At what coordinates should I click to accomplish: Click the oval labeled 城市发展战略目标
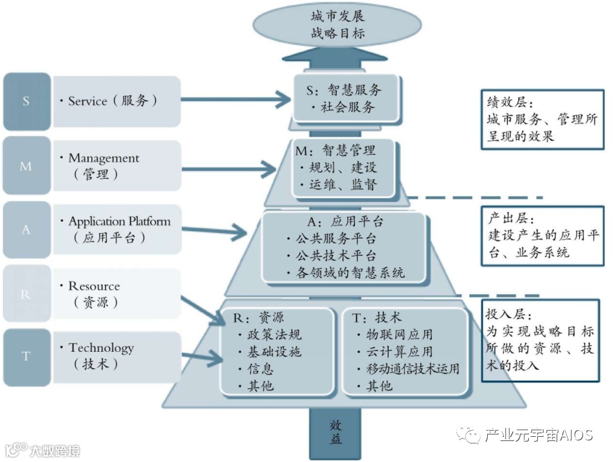[x=338, y=25]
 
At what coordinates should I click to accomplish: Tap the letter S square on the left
[x=26, y=101]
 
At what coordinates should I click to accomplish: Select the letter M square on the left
[x=26, y=165]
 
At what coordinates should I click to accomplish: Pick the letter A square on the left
[x=26, y=229]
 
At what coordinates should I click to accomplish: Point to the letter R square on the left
[x=26, y=294]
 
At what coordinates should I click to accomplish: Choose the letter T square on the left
[x=26, y=356]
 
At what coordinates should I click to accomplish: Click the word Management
[x=104, y=158]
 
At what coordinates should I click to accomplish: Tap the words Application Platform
[x=119, y=221]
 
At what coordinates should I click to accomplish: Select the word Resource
[x=94, y=286]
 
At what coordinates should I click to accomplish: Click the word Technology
[x=101, y=348]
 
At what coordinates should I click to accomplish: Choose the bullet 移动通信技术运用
[x=413, y=369]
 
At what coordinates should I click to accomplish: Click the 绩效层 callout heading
[x=506, y=102]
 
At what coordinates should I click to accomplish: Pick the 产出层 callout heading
[x=506, y=218]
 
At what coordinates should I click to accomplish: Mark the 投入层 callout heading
[x=506, y=315]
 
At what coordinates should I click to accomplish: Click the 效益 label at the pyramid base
[x=336, y=431]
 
